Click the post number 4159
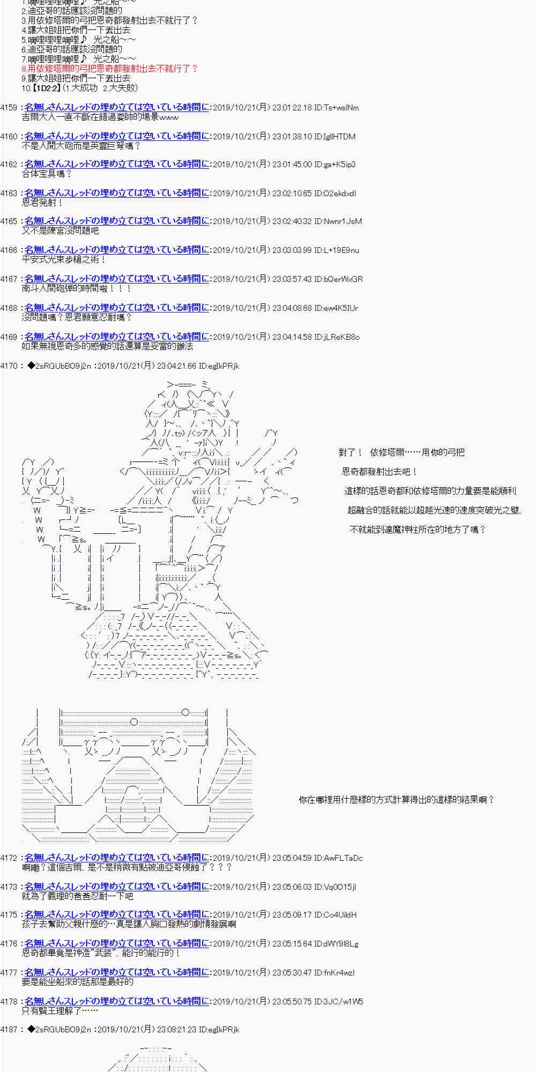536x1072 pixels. (9, 108)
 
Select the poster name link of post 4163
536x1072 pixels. (117, 193)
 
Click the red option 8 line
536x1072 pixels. (110, 69)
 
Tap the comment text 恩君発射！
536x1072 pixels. (43, 203)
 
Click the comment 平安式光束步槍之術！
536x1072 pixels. (64, 259)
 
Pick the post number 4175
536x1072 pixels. (9, 915)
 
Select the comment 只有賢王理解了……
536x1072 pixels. (59, 1011)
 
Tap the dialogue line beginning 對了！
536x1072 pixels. (401, 452)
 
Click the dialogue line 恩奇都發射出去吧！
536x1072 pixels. (379, 472)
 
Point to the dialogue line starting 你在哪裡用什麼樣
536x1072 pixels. (396, 800)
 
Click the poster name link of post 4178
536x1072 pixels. (117, 1001)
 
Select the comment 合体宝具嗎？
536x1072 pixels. (47, 174)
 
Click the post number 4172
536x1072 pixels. (9, 858)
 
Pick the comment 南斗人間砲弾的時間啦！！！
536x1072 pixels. (77, 288)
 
